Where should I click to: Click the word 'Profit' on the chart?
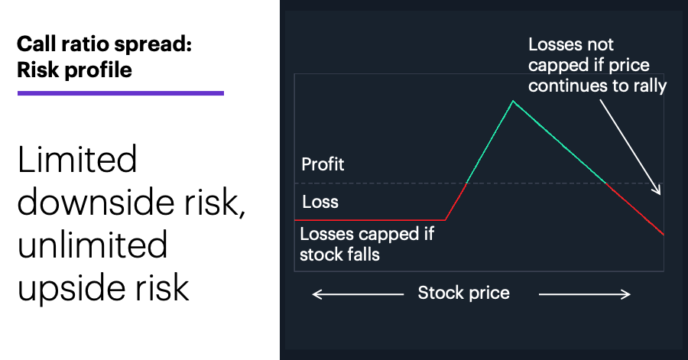tap(323, 164)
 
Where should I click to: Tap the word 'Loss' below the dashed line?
tap(320, 202)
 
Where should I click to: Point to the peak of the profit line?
tap(513, 102)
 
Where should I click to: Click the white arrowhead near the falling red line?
tap(657, 190)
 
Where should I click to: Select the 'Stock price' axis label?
tap(464, 293)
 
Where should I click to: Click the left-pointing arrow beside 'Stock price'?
tap(358, 294)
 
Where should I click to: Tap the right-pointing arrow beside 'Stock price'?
tap(585, 294)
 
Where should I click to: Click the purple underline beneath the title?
tap(121, 93)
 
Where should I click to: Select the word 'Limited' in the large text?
tap(78, 160)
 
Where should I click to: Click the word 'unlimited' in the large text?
tap(92, 245)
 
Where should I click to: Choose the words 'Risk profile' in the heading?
tap(75, 70)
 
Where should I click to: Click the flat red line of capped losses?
tap(370, 219)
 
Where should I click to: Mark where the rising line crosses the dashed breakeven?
tap(466, 183)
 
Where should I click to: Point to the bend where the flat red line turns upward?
tap(446, 219)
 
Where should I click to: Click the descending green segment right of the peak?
tap(560, 142)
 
